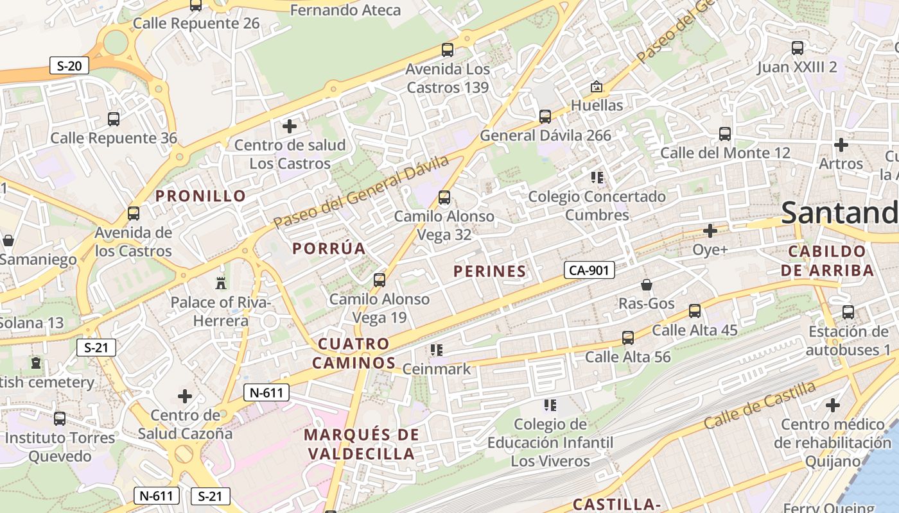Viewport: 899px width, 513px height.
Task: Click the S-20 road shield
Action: (69, 65)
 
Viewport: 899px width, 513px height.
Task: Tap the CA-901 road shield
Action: (589, 270)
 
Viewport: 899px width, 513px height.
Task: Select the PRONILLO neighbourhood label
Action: (201, 196)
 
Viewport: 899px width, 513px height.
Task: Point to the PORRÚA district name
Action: (329, 248)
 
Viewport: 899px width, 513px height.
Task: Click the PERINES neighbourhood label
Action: (489, 271)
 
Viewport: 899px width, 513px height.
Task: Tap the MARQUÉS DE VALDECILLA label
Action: (361, 444)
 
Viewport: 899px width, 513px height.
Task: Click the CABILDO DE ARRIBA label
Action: (828, 260)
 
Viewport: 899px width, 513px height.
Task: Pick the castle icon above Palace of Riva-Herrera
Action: (221, 283)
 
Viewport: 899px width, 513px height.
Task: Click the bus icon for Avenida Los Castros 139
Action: (448, 50)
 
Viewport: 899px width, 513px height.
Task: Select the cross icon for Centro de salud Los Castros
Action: (290, 126)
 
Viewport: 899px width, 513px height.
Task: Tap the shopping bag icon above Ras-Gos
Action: (647, 285)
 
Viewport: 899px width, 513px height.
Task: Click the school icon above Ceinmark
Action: (437, 350)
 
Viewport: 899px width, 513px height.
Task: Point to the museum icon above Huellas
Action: (597, 86)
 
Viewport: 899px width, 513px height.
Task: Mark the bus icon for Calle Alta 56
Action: (627, 337)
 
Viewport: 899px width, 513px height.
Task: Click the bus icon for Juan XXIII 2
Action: (797, 48)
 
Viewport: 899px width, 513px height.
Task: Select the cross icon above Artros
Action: (841, 145)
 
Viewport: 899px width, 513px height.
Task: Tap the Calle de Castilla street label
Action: (760, 405)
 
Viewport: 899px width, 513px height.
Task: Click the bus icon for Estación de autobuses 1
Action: (848, 312)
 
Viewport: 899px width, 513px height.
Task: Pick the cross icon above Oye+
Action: (710, 230)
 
